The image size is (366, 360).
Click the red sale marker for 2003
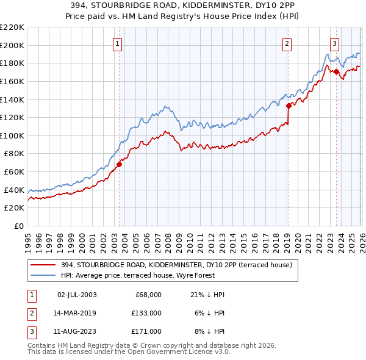120,164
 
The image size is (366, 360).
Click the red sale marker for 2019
289,105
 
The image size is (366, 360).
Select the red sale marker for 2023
336,71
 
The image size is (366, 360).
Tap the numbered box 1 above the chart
117,43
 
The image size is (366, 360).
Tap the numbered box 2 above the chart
287,43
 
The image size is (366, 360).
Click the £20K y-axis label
15,208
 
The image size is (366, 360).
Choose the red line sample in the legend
43,265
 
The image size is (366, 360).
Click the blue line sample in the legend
43,275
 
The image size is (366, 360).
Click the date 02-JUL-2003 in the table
77,295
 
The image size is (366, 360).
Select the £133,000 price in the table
147,313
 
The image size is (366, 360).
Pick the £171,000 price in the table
147,331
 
